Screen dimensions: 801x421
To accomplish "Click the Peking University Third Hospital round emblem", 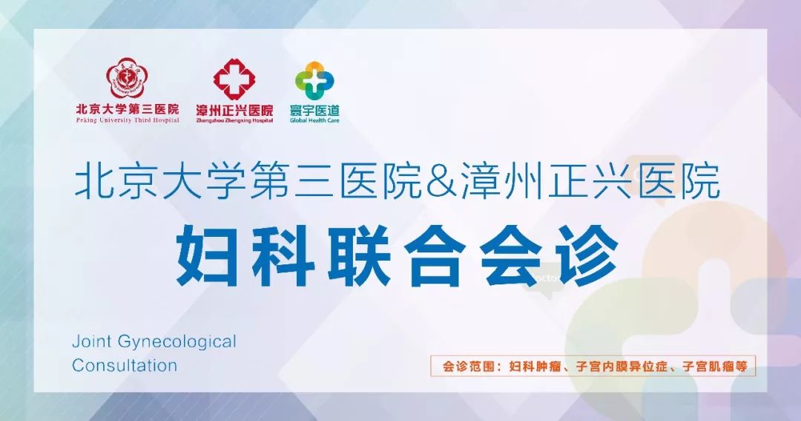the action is click(x=126, y=78).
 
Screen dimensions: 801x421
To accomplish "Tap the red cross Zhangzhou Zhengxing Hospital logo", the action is click(x=234, y=79).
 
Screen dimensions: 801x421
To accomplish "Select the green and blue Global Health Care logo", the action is click(x=314, y=80).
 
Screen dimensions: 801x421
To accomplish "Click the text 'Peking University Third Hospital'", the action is click(x=128, y=120).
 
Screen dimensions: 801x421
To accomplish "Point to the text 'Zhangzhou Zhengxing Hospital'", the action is click(x=234, y=121).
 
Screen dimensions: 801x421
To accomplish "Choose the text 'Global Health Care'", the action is click(x=314, y=121).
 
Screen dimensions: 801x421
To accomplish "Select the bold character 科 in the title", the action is click(x=283, y=255).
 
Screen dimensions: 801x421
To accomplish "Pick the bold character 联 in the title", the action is click(x=360, y=255).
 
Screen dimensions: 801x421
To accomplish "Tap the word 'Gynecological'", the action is click(x=177, y=342).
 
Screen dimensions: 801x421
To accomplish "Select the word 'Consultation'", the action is click(x=125, y=365).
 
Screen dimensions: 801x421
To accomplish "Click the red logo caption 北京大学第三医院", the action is click(x=128, y=109).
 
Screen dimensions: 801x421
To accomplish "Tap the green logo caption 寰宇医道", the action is click(x=314, y=110).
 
